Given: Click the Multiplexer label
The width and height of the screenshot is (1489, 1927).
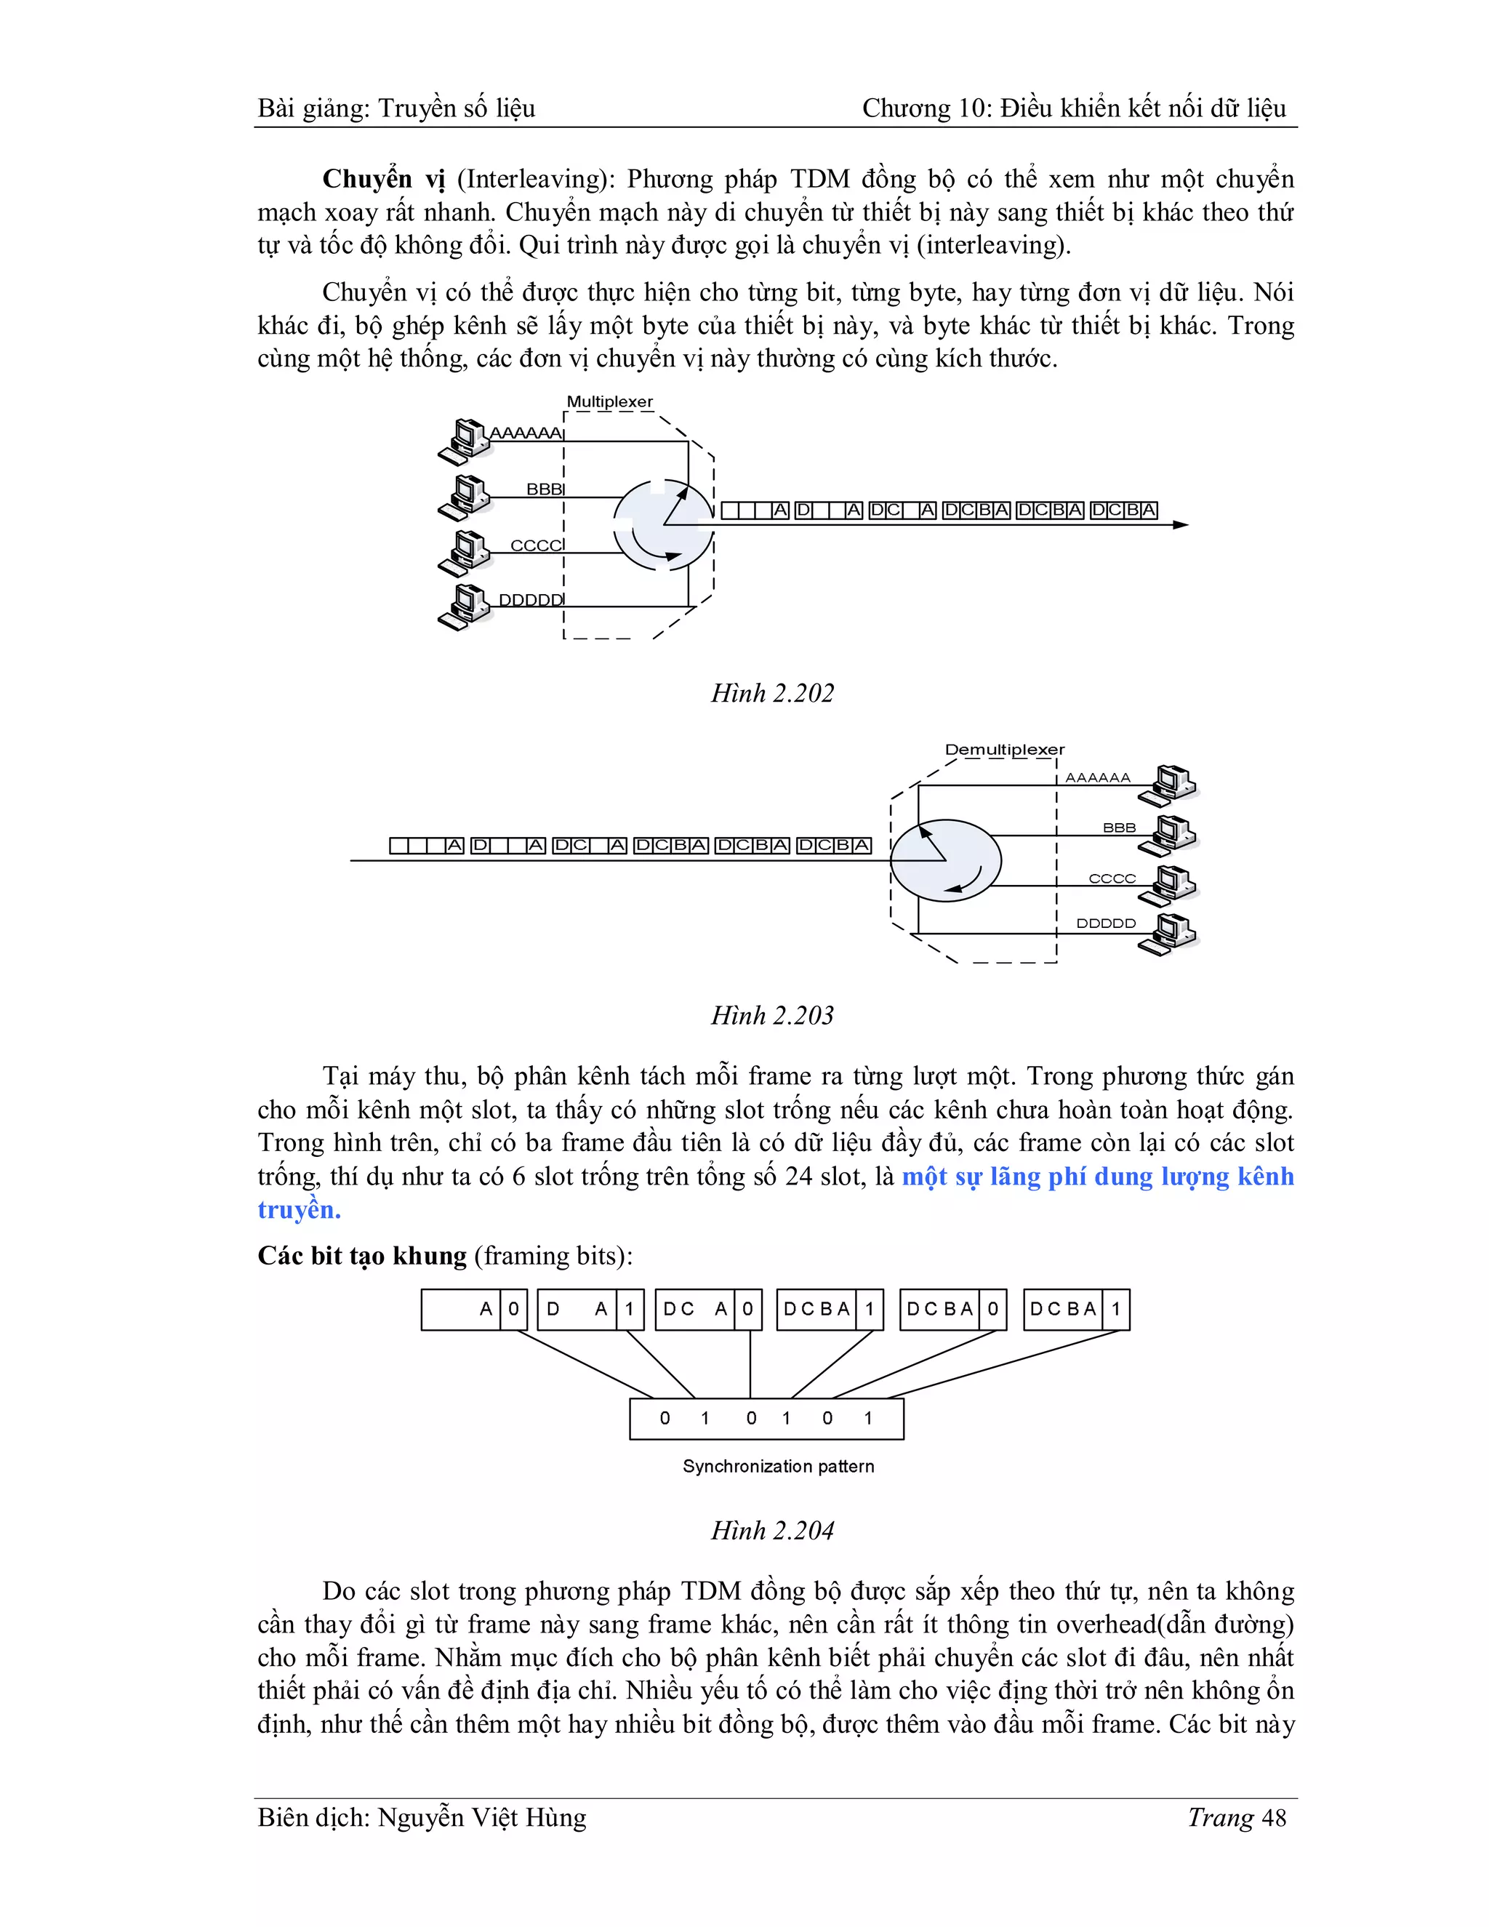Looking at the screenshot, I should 609,402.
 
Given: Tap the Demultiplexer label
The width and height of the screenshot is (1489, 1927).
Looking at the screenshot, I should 1005,750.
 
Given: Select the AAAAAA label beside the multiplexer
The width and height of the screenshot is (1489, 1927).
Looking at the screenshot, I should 526,433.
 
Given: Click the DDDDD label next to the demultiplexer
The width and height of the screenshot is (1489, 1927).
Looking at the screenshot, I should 1106,924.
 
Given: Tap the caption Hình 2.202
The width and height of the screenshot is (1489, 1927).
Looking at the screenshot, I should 773,694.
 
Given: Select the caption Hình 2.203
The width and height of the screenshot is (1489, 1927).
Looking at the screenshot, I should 773,1016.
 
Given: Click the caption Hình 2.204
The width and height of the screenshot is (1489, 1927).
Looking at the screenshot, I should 773,1531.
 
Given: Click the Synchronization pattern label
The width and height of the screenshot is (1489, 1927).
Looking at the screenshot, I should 778,1467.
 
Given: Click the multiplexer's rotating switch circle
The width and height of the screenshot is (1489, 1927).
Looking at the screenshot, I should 663,525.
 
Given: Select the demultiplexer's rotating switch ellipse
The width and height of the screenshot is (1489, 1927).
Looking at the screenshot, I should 946,860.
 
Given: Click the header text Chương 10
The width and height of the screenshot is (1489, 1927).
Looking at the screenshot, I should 923,108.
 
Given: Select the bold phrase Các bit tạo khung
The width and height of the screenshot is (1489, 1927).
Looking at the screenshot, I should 361,1256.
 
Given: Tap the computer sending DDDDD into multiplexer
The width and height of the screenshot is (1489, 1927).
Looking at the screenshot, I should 464,607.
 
